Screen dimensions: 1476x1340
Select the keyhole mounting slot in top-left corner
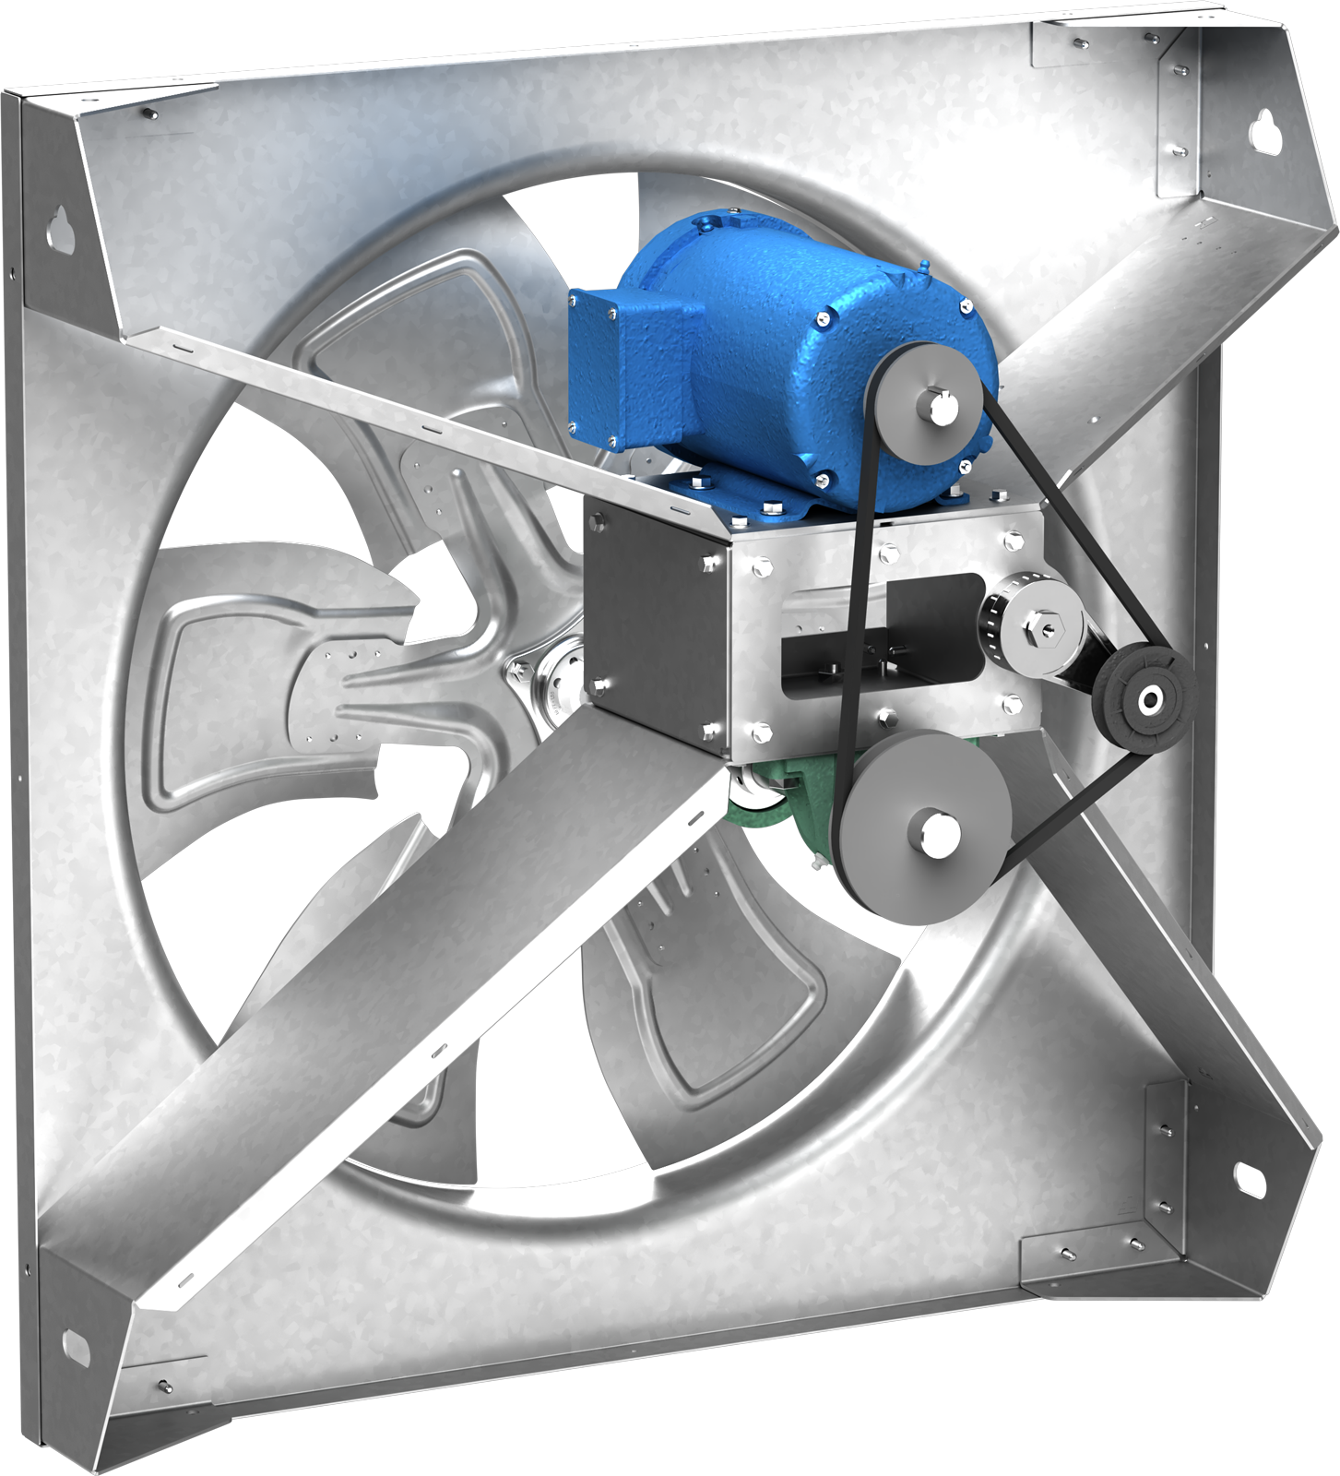coord(64,226)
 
